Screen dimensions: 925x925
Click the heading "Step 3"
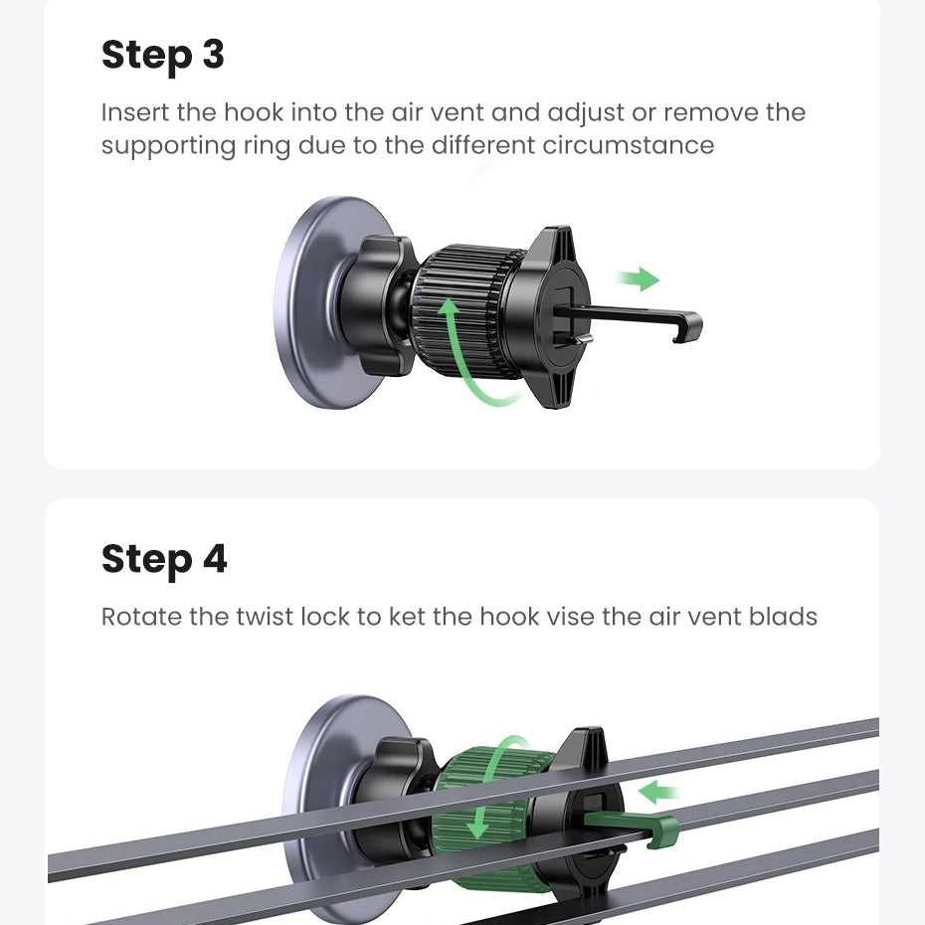(163, 56)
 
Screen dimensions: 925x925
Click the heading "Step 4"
(164, 560)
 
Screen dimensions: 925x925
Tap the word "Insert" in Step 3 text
(134, 112)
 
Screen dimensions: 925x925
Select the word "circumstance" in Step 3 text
(629, 145)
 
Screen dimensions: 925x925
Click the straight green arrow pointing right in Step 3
(638, 279)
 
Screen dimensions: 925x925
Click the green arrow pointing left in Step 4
(658, 793)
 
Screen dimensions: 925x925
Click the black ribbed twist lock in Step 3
(466, 312)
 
